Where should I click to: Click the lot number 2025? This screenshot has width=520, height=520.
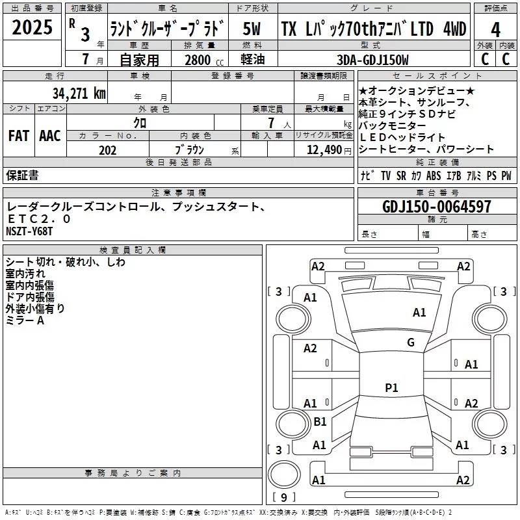tap(32, 28)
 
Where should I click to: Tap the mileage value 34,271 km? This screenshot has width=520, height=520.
tap(79, 93)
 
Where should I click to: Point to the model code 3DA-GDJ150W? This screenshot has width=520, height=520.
tap(372, 60)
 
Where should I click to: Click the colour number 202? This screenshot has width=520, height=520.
tap(108, 150)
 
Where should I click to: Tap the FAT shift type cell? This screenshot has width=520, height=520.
tap(18, 136)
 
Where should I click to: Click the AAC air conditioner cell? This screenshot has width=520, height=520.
tap(50, 136)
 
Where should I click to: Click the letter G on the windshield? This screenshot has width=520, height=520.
tap(410, 343)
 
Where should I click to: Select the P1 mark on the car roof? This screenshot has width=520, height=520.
tap(391, 388)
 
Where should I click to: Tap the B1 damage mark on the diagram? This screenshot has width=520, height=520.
tap(320, 421)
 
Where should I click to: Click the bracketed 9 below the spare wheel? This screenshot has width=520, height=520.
tap(283, 498)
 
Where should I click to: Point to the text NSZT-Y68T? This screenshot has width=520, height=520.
tap(29, 231)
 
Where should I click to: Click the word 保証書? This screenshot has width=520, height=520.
tap(22, 175)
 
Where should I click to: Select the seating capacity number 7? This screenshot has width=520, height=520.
tap(269, 122)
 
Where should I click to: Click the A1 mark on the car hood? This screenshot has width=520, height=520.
tap(419, 313)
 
